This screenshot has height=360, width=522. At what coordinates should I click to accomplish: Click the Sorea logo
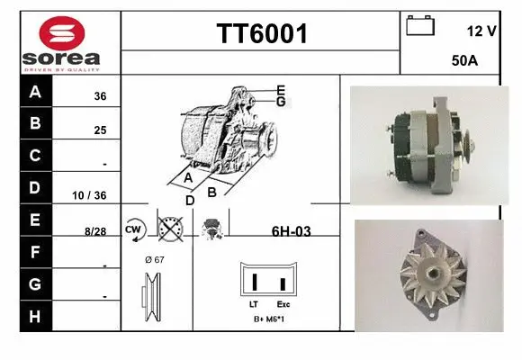60,41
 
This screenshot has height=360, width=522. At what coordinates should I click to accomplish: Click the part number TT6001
261,34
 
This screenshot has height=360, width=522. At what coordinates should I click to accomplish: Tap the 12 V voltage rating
481,31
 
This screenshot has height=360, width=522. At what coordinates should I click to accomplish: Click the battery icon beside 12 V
419,25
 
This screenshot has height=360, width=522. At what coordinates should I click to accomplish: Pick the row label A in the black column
34,92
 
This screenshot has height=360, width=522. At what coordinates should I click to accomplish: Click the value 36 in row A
100,97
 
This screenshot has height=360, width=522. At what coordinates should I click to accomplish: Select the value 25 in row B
100,130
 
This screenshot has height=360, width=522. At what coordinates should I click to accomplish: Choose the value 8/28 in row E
95,231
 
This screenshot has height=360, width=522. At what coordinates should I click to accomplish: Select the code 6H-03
291,231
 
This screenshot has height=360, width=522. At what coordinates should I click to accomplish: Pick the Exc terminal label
283,304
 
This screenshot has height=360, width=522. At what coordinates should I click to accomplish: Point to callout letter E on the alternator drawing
281,90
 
